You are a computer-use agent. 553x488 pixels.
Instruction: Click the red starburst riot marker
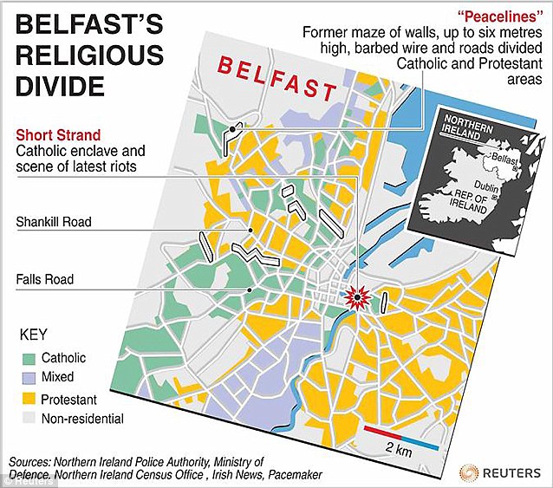(356, 297)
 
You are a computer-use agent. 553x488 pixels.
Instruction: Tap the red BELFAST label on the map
(276, 77)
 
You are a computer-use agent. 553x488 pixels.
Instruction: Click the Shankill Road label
(54, 223)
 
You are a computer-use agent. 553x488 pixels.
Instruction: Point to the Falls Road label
(44, 279)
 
